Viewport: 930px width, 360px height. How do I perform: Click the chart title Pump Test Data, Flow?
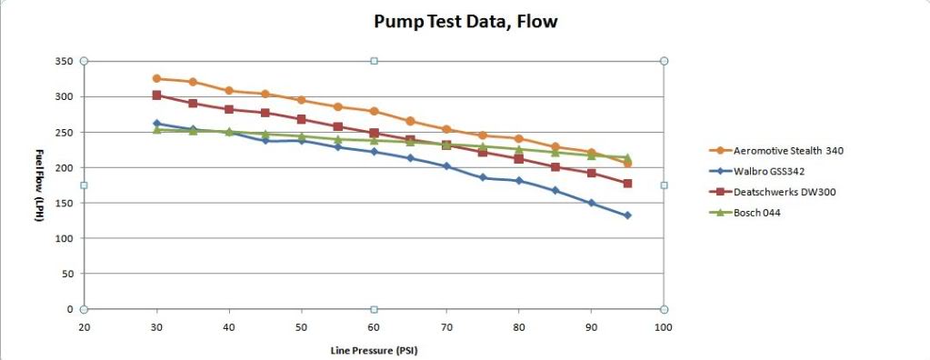465,22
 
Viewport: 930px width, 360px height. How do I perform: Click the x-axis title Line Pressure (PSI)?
374,349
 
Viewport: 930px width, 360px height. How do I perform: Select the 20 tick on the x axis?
84,326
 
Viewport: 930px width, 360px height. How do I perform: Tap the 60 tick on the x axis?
374,326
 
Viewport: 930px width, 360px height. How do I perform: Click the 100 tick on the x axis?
663,326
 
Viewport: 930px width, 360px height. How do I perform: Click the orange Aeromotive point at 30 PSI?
156,78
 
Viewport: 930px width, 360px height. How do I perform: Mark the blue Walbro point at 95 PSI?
627,215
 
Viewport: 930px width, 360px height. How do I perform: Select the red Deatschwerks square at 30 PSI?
156,95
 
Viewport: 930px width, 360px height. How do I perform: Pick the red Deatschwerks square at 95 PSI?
627,184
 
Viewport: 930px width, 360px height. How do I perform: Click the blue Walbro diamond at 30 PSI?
156,124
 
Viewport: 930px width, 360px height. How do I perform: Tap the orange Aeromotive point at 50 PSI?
301,100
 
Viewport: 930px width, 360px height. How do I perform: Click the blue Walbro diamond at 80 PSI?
519,181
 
